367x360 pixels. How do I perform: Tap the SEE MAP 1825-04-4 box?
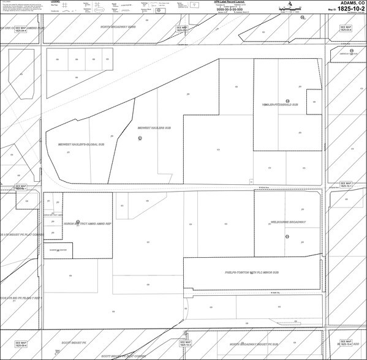[x=20, y=29]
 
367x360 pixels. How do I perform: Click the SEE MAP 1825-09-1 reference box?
[x=20, y=187]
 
